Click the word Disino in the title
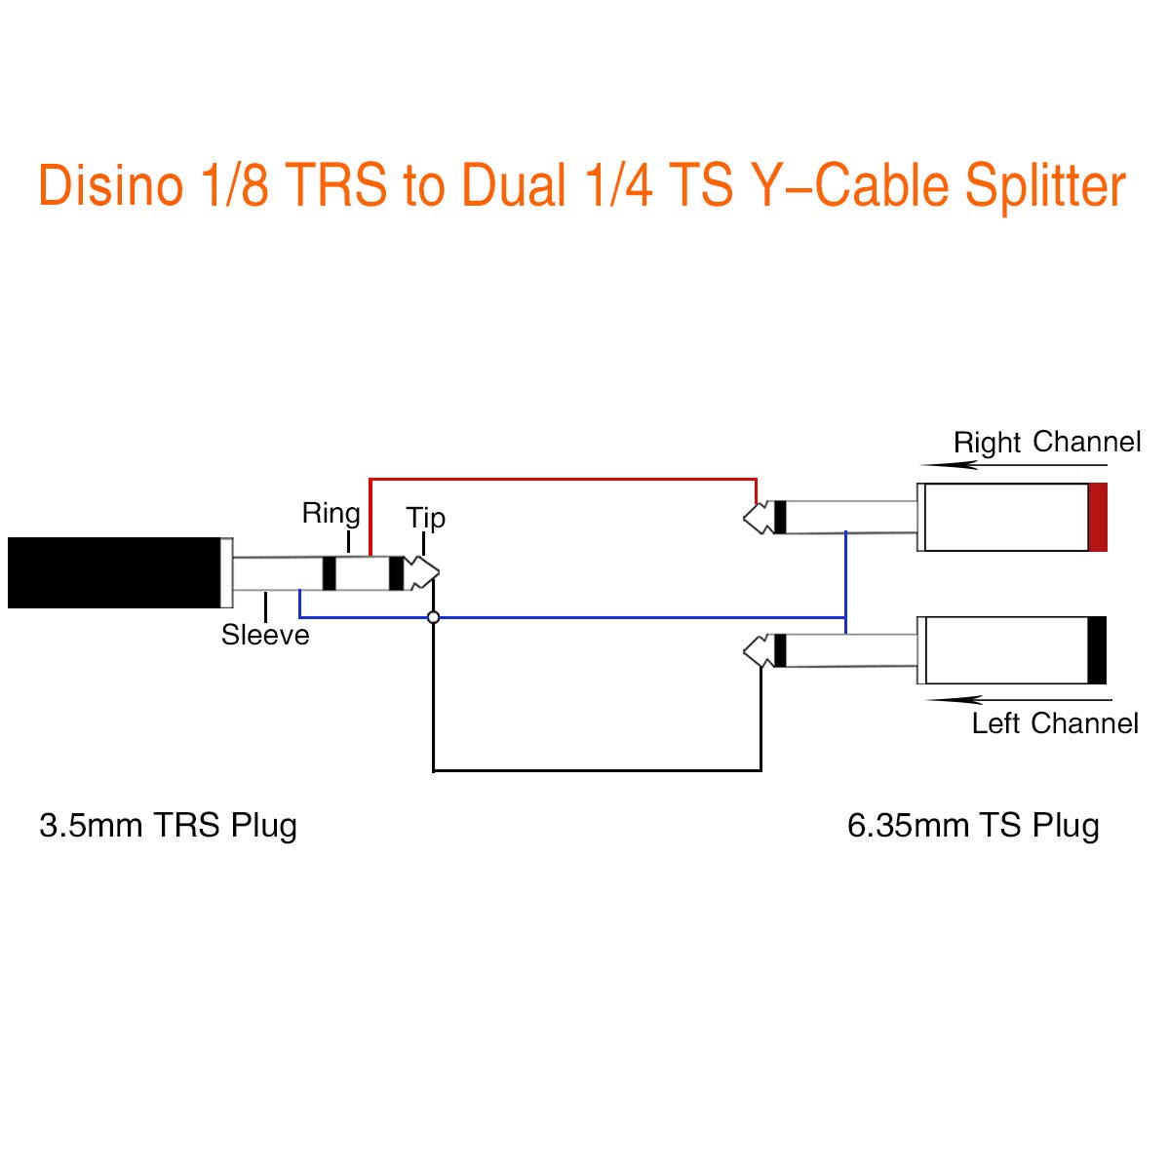110,184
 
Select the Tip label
426,519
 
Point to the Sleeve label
265,635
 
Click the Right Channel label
1047,442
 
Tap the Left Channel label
1055,723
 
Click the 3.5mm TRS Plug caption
168,827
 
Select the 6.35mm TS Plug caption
973,827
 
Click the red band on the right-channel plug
1098,518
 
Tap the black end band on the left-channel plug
1097,650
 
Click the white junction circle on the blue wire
434,617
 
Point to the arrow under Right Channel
1014,466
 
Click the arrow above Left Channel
1019,700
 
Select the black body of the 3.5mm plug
114,572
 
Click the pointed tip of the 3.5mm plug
439,572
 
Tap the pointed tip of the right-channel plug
744,518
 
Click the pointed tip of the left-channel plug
744,651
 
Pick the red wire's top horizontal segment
563,480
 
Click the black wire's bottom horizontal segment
597,770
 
